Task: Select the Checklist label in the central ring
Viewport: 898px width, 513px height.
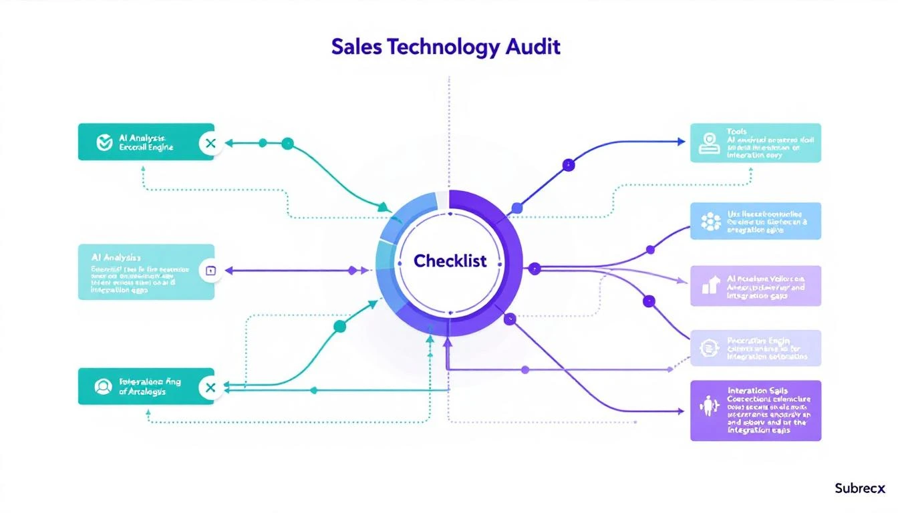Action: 450,261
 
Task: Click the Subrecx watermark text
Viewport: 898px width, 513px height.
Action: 860,488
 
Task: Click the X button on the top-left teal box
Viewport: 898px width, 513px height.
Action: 210,142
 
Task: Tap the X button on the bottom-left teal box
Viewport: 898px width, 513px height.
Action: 210,387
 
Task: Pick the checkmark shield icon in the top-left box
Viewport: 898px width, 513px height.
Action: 104,142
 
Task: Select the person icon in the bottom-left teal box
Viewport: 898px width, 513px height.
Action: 103,386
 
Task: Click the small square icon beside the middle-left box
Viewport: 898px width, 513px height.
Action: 210,271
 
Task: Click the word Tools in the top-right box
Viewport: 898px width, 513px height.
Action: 737,132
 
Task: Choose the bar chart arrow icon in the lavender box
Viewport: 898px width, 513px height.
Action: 710,286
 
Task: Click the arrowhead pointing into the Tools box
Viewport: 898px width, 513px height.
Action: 681,142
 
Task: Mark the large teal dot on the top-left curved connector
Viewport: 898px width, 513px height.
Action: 287,143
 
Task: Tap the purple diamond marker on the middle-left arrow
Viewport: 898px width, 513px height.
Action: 353,271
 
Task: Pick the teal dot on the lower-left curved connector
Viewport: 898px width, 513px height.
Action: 339,326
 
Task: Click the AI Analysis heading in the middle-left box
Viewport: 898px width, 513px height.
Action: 116,256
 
